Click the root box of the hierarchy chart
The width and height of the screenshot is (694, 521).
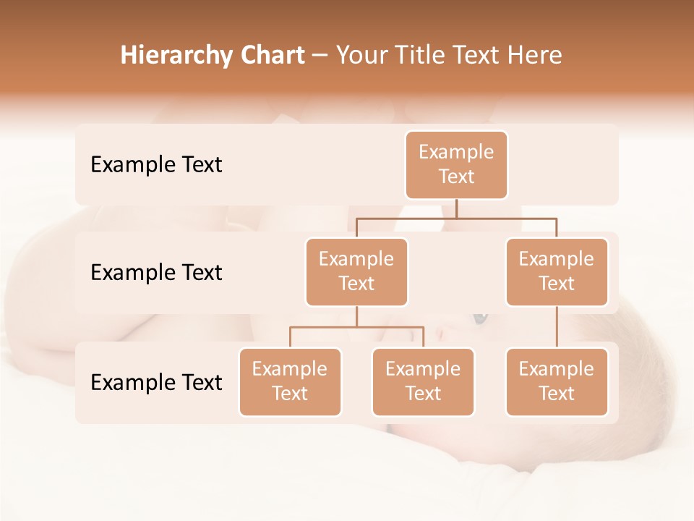pyautogui.click(x=456, y=164)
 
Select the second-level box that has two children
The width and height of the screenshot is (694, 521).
pyautogui.click(x=356, y=271)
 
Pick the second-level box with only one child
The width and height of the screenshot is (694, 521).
pyautogui.click(x=557, y=271)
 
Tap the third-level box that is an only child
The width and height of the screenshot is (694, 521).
pyautogui.click(x=557, y=381)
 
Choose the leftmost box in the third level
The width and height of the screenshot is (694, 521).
pyautogui.click(x=290, y=381)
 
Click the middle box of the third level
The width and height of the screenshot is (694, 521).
pyautogui.click(x=423, y=381)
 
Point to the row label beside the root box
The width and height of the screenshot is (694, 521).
pyautogui.click(x=156, y=164)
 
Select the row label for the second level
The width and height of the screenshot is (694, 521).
pyautogui.click(x=156, y=272)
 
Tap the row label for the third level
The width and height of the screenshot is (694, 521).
pyautogui.click(x=156, y=382)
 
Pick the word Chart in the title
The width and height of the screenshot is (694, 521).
pyautogui.click(x=273, y=55)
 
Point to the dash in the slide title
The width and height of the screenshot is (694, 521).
pyautogui.click(x=320, y=56)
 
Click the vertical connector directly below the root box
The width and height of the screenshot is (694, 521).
pyautogui.click(x=456, y=208)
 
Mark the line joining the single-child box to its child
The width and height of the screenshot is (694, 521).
pyautogui.click(x=557, y=327)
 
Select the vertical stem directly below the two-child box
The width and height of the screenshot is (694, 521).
pyautogui.click(x=356, y=316)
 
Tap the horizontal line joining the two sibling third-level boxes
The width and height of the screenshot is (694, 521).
pyautogui.click(x=356, y=327)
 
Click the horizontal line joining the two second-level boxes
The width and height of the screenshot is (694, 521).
pyautogui.click(x=506, y=218)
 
